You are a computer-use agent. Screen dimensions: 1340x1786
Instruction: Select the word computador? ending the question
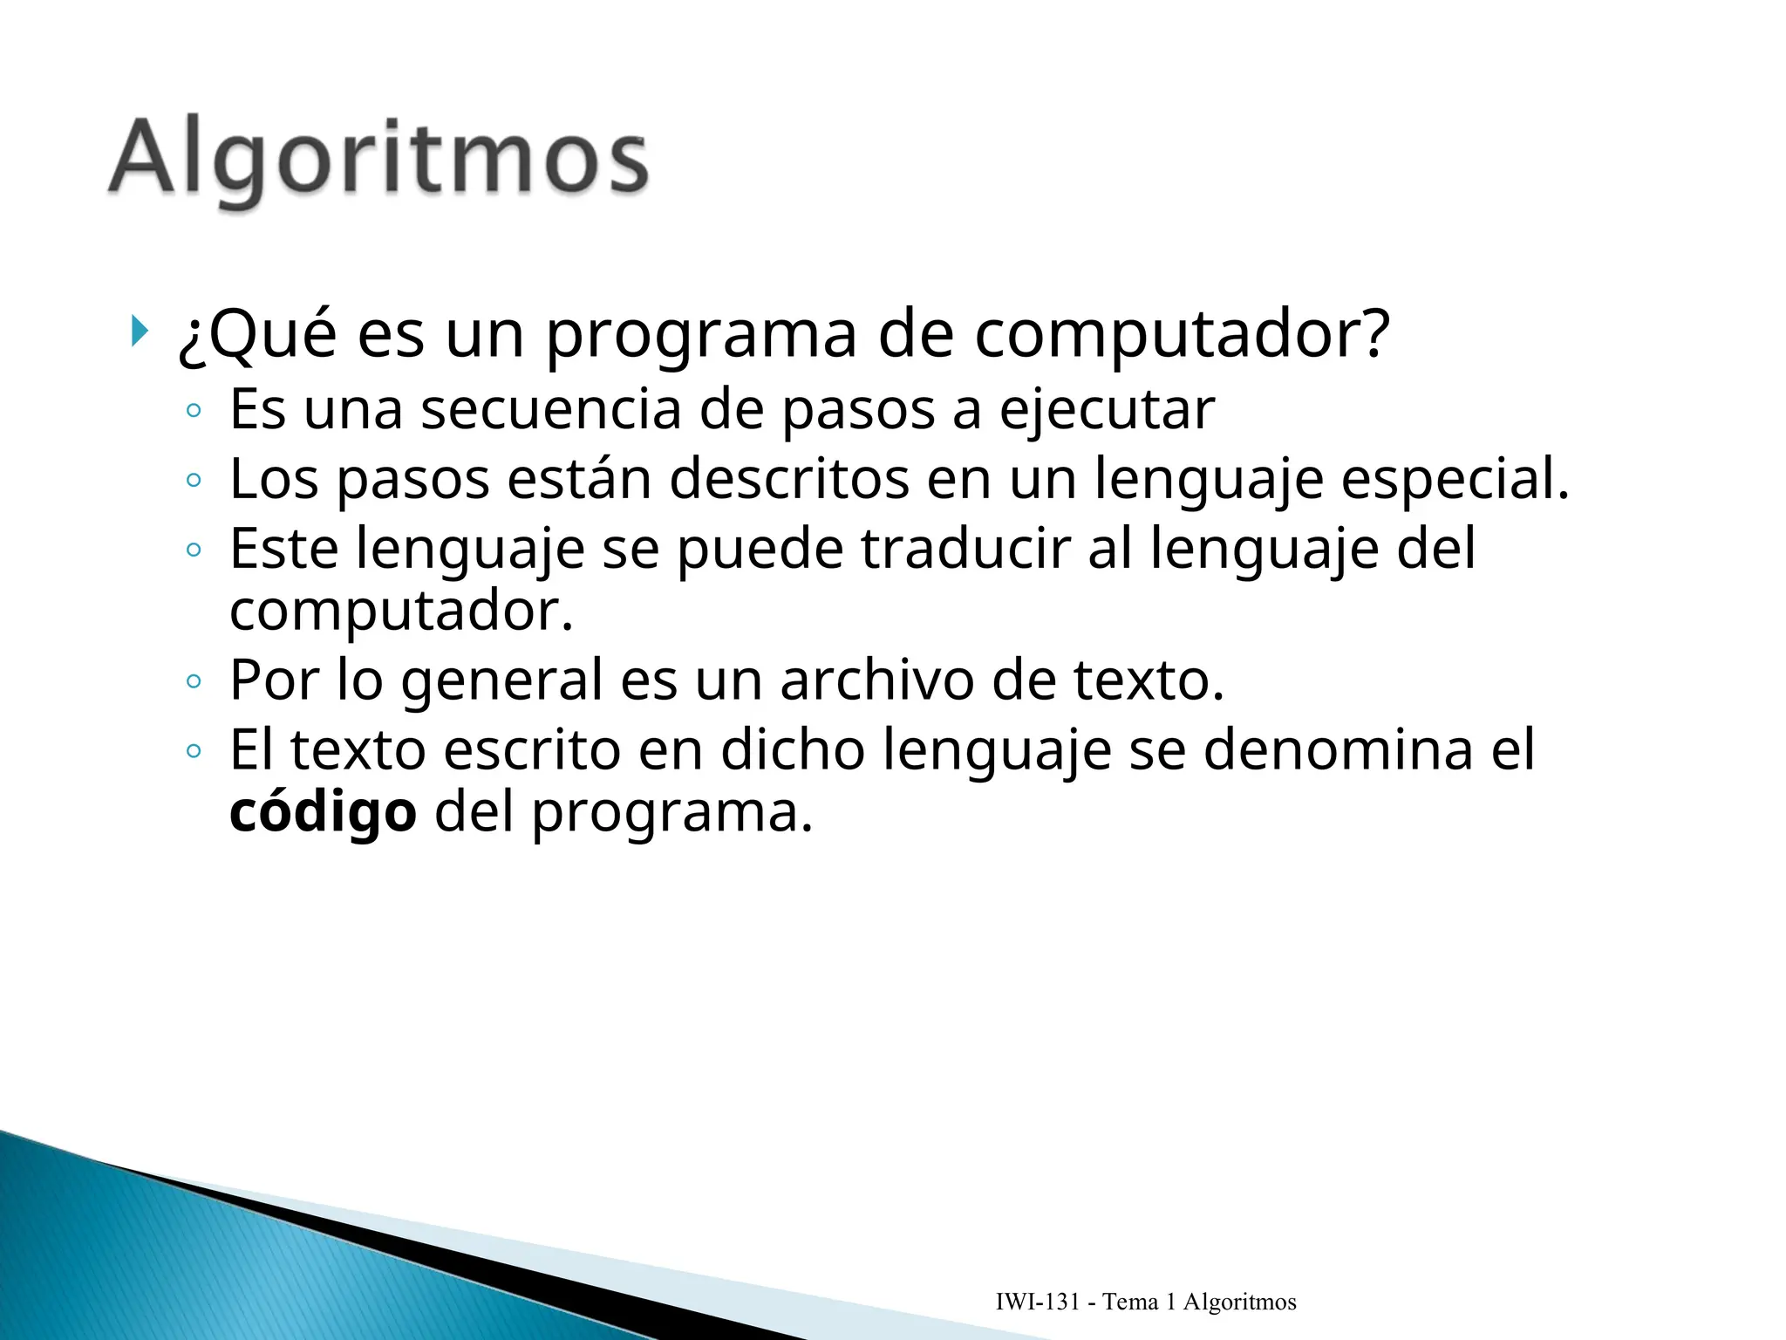[x=1181, y=336]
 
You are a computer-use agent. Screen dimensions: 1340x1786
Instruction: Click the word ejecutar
[x=1107, y=409]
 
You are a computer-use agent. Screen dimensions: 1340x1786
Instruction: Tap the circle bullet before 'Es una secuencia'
[x=194, y=411]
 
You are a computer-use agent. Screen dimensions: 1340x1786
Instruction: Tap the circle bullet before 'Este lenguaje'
[x=194, y=550]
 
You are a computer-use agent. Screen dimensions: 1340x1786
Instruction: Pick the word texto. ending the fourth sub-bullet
[x=1149, y=680]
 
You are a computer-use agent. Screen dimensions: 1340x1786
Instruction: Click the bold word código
[x=323, y=812]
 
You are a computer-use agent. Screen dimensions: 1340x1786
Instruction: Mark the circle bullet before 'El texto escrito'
[x=194, y=751]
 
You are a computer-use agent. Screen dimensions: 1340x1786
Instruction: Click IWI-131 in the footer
[x=1038, y=1302]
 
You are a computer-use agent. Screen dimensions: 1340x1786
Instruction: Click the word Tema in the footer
[x=1130, y=1302]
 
